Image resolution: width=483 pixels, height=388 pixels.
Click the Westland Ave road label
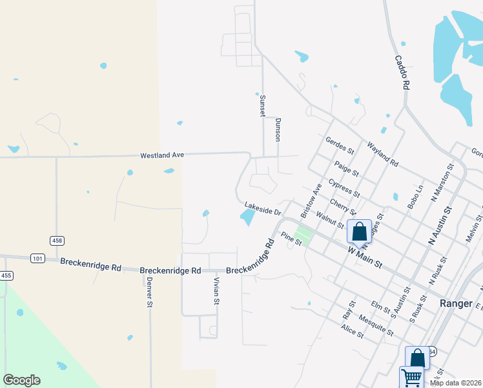(x=163, y=155)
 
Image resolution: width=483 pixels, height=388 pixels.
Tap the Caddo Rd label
(x=402, y=72)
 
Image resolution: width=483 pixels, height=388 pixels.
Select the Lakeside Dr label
(x=263, y=211)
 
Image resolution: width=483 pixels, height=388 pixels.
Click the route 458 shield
(x=57, y=241)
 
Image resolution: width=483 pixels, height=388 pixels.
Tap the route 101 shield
(x=37, y=259)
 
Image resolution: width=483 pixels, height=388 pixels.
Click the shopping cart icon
(x=411, y=377)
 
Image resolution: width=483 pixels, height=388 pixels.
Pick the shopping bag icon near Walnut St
(x=359, y=231)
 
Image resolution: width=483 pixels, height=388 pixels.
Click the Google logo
(x=21, y=380)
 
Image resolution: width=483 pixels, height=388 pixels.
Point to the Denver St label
(x=149, y=292)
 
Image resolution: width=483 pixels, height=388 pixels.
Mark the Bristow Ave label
(x=311, y=200)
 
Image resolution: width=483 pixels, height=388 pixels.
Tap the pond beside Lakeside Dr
(x=247, y=218)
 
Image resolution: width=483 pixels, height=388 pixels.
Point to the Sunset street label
(x=262, y=105)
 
